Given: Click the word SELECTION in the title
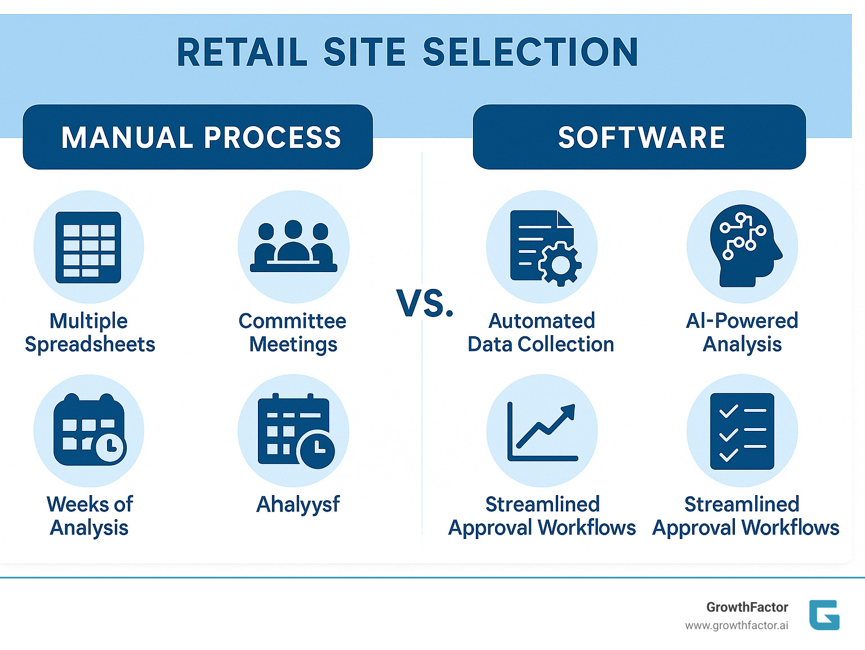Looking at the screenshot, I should point(530,52).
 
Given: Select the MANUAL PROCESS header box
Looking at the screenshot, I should point(198,137).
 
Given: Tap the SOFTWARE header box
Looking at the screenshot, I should point(640,137).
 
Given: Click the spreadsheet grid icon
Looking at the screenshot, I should point(88,247).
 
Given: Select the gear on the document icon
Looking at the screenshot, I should point(560,264).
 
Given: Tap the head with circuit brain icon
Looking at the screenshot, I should point(743,246).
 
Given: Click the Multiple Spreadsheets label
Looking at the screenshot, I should point(90,332).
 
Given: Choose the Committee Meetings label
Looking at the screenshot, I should point(293,332).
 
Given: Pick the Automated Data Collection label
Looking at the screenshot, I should point(541,332).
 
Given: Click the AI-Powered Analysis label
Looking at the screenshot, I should point(742,332).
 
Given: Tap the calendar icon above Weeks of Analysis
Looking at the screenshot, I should point(89,430).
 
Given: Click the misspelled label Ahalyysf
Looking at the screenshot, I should point(298,505).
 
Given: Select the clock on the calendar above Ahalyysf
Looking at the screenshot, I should point(316,449).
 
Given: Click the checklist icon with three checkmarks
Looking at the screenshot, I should point(742,431).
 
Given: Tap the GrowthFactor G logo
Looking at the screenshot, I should point(824,615).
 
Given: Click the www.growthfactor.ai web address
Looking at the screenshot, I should point(736,626).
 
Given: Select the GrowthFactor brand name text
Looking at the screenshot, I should point(747,607).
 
